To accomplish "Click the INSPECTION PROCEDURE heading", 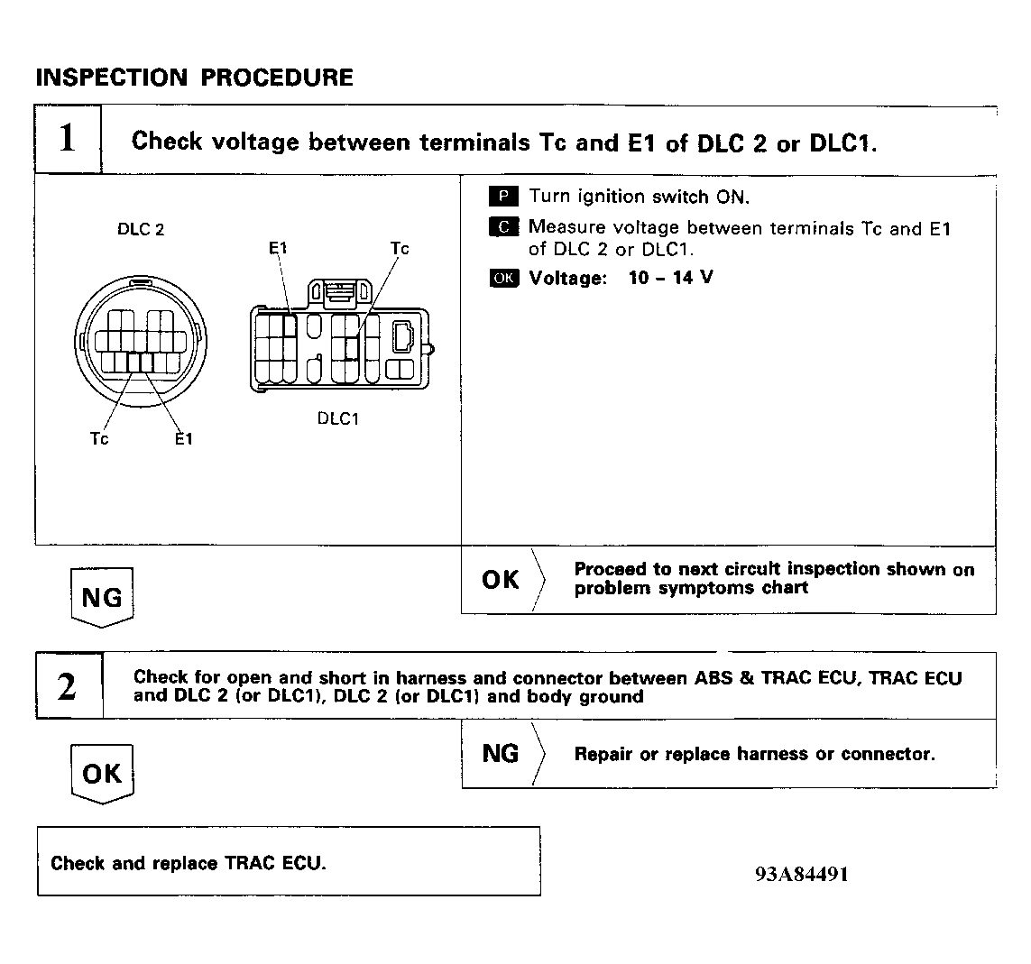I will [x=194, y=78].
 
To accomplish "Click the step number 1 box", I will [x=68, y=140].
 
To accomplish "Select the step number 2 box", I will [x=68, y=687].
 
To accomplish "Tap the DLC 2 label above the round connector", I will [x=141, y=229].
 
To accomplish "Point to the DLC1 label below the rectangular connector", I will [x=338, y=418].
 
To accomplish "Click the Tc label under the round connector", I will [x=99, y=439].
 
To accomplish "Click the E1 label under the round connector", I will [x=183, y=439].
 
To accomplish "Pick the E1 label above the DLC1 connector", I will [x=278, y=248].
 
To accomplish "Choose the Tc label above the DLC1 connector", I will [x=400, y=248].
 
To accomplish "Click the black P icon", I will [x=504, y=197].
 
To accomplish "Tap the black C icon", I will [x=504, y=227].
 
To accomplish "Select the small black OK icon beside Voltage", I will [x=504, y=278].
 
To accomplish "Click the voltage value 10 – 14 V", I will [x=670, y=278].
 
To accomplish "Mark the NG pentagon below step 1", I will [x=101, y=597].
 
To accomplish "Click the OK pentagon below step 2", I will [x=101, y=773].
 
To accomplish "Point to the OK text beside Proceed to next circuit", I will [x=501, y=580].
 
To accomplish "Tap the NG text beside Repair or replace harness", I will [x=501, y=754].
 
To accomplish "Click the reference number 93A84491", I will [x=802, y=874].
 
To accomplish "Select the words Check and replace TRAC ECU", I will [x=189, y=863].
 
